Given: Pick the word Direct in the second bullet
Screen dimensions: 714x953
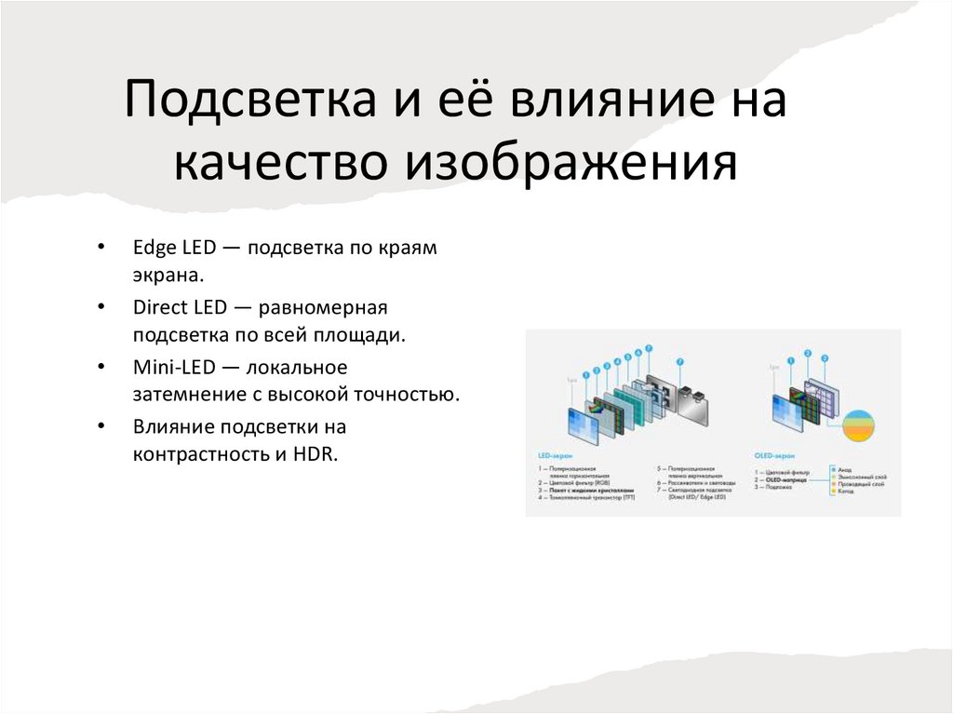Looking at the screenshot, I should (x=159, y=307).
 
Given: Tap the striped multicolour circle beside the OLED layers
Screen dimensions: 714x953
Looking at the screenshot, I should (x=861, y=425).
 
